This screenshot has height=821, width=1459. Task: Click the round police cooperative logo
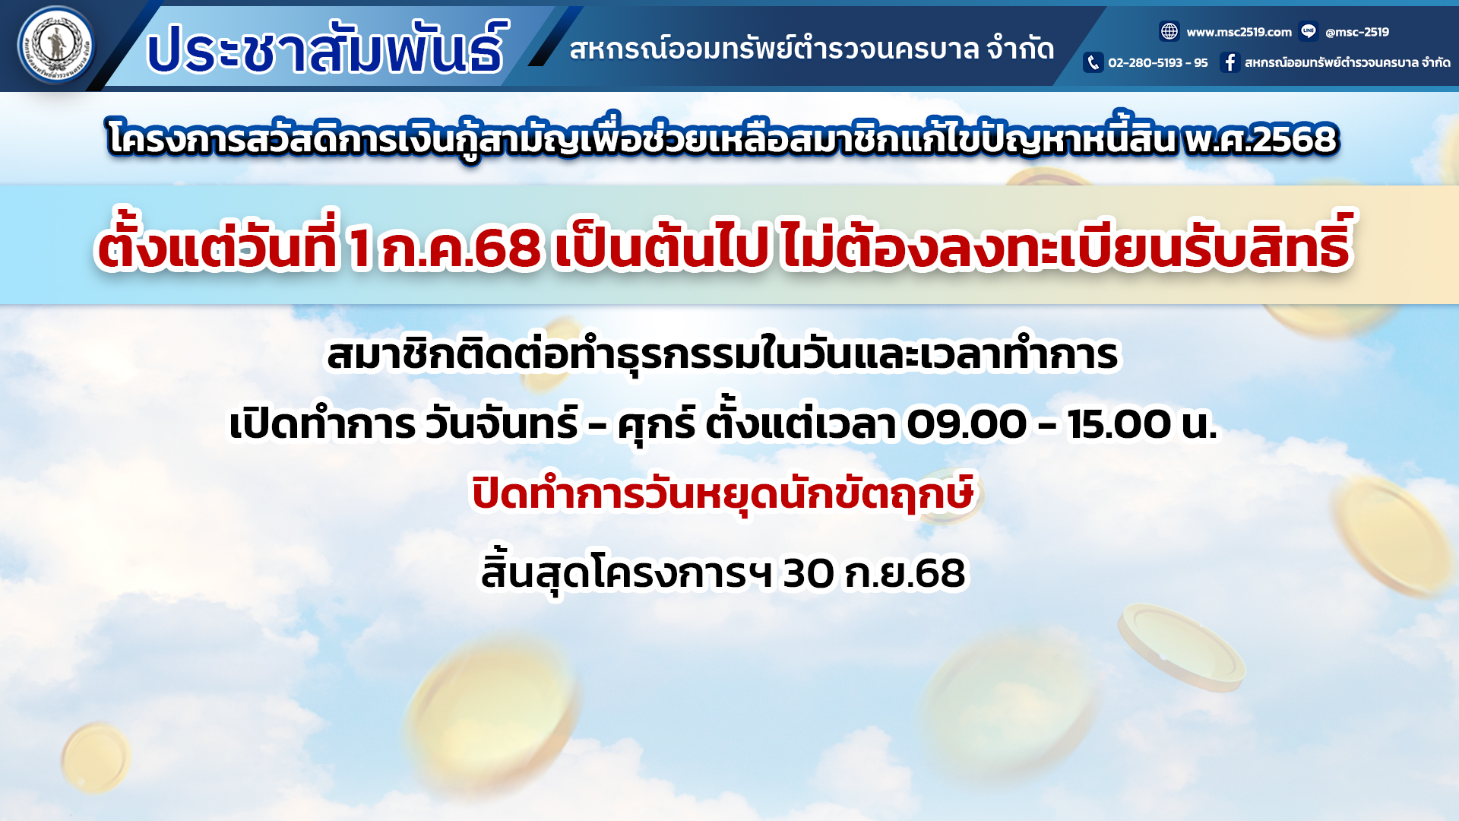click(56, 46)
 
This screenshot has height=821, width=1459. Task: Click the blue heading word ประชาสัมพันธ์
click(325, 49)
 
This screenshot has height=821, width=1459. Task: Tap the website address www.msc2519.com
click(1239, 32)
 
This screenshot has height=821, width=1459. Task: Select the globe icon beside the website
click(1169, 31)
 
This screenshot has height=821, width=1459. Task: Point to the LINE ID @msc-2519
click(1356, 32)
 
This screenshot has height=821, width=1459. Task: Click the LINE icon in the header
click(1309, 31)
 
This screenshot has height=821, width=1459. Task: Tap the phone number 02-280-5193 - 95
click(1157, 62)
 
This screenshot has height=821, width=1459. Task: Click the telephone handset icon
click(1093, 62)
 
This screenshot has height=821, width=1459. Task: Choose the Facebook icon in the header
click(1230, 62)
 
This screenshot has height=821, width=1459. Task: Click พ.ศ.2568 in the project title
click(1261, 139)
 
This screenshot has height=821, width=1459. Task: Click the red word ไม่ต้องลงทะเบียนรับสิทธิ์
click(1066, 243)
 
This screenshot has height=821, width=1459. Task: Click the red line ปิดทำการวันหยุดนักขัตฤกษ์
click(723, 493)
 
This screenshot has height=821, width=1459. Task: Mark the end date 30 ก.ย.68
click(874, 573)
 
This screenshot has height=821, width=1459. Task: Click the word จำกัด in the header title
click(1021, 49)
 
